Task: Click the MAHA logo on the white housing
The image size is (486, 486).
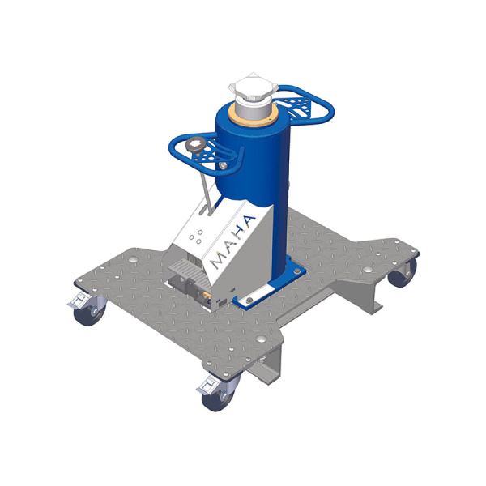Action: [x=232, y=242]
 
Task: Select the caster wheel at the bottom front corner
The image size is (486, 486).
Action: [x=218, y=399]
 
